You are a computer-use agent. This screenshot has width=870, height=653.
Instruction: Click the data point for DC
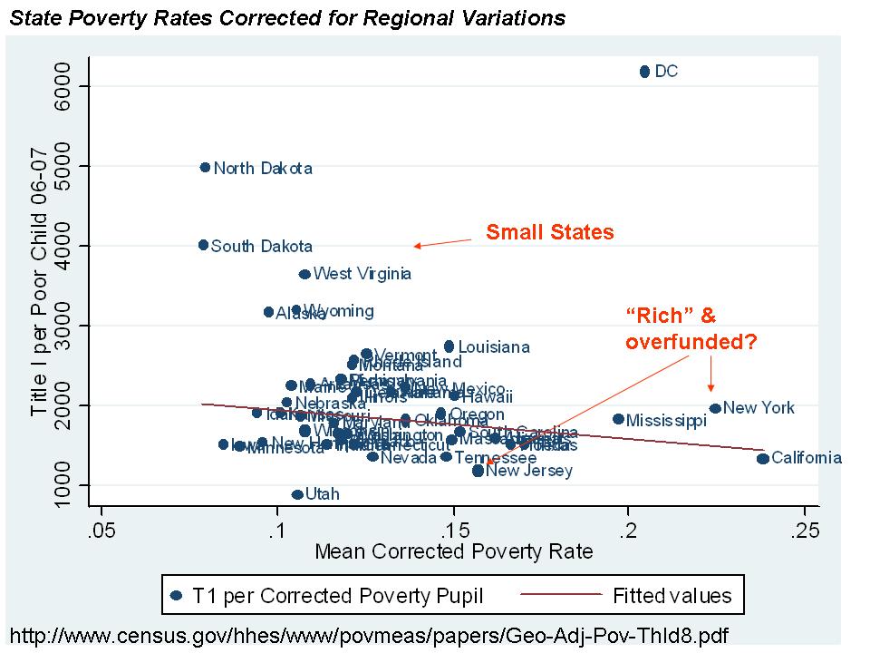coord(644,72)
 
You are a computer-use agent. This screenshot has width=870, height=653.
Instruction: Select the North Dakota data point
coord(205,168)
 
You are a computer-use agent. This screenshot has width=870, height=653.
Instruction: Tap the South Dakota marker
coord(203,245)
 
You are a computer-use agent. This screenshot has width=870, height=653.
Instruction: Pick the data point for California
coord(762,458)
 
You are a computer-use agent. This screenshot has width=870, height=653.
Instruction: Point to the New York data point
coord(715,408)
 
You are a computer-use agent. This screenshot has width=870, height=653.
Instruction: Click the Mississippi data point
coord(618,419)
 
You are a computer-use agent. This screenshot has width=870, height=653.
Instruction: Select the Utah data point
coord(296,494)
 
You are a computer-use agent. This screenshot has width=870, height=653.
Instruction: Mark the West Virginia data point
coord(304,274)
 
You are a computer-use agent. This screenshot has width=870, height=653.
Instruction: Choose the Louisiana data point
coord(449,346)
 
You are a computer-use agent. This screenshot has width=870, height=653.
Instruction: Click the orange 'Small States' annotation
coord(549,232)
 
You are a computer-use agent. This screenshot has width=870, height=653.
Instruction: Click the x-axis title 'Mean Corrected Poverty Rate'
coord(453,551)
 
